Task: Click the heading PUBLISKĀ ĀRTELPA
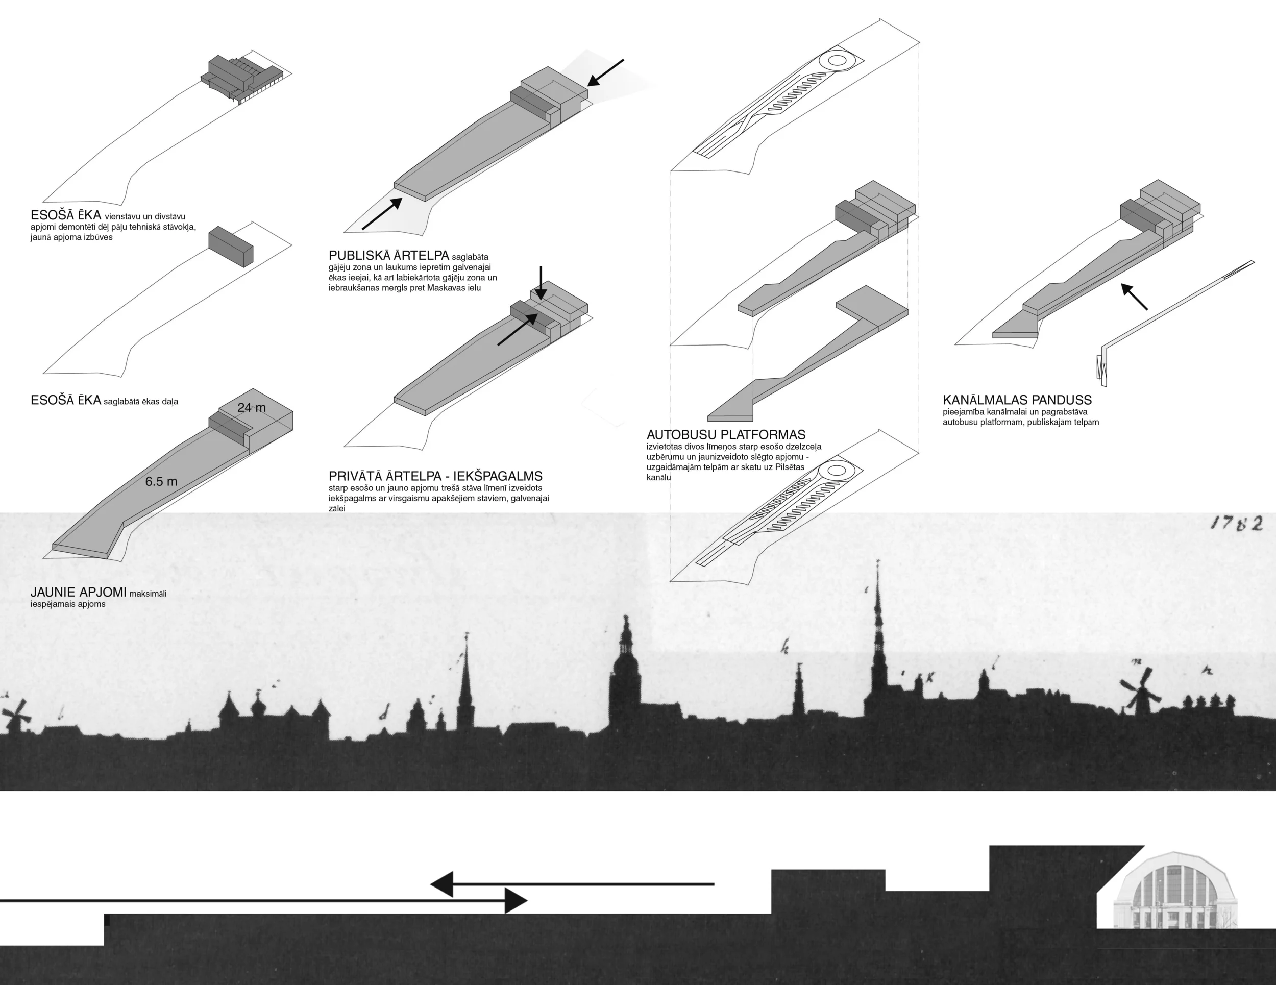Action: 388,256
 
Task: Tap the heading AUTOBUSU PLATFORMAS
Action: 726,435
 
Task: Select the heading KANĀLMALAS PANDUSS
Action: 1017,400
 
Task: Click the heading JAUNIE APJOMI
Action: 78,593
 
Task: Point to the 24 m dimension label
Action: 251,408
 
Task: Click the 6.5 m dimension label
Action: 161,482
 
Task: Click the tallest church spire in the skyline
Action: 877,613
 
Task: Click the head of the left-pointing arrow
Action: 443,884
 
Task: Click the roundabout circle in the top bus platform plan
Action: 836,60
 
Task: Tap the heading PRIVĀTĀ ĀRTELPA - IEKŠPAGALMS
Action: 435,476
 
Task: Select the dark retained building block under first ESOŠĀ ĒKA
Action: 231,247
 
